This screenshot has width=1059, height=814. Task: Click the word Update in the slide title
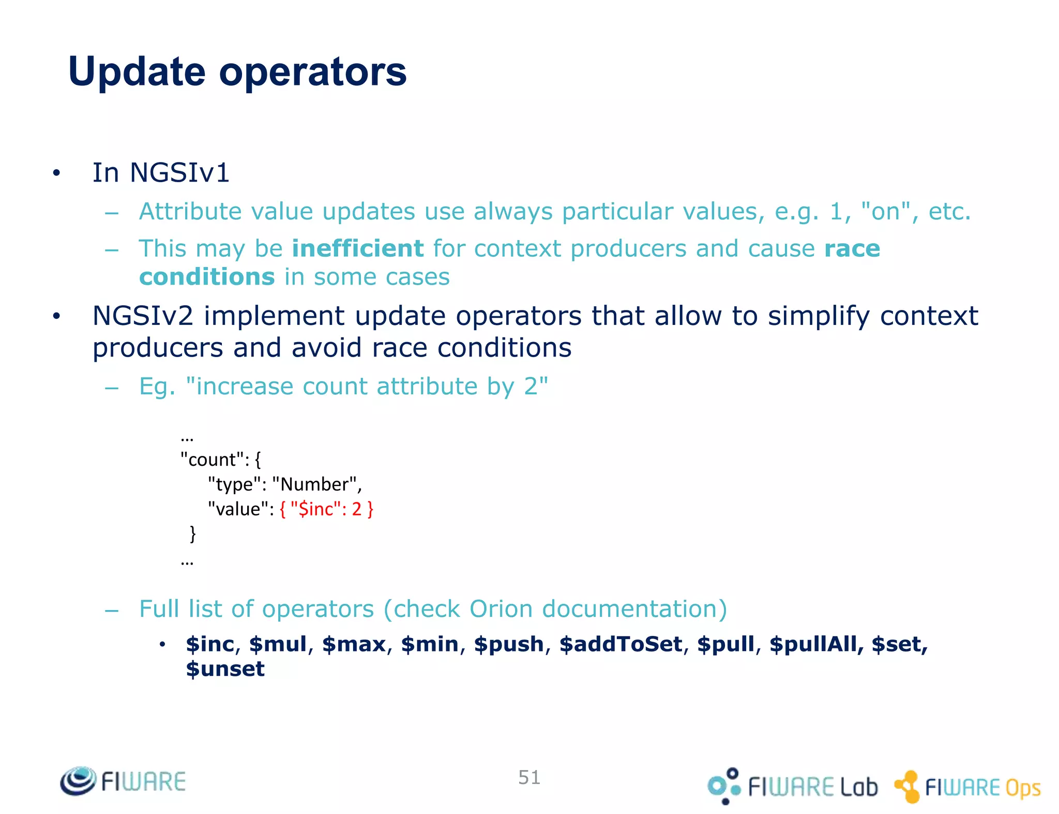pos(137,72)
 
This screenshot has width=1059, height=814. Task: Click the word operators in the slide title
pos(313,72)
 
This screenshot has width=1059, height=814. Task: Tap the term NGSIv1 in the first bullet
pos(179,173)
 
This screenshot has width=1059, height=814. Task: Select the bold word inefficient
pos(357,248)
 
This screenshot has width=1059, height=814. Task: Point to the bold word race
pos(852,249)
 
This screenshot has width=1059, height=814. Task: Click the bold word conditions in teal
pos(207,277)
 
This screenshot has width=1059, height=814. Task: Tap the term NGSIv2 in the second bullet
pos(143,316)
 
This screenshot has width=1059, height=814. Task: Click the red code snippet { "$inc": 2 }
pos(326,509)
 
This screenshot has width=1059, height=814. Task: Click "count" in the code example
pos(212,460)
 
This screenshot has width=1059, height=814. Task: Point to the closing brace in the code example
pos(193,534)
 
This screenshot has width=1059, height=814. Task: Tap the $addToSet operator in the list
pos(621,645)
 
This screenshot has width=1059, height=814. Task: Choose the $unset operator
pos(225,669)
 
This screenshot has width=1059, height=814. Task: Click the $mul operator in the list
pos(278,645)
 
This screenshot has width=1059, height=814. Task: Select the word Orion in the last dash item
pos(501,609)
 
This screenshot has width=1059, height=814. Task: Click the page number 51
pos(529,778)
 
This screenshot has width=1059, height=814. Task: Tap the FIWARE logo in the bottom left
pos(123,781)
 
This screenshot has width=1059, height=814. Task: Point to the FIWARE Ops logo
pos(967,787)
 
